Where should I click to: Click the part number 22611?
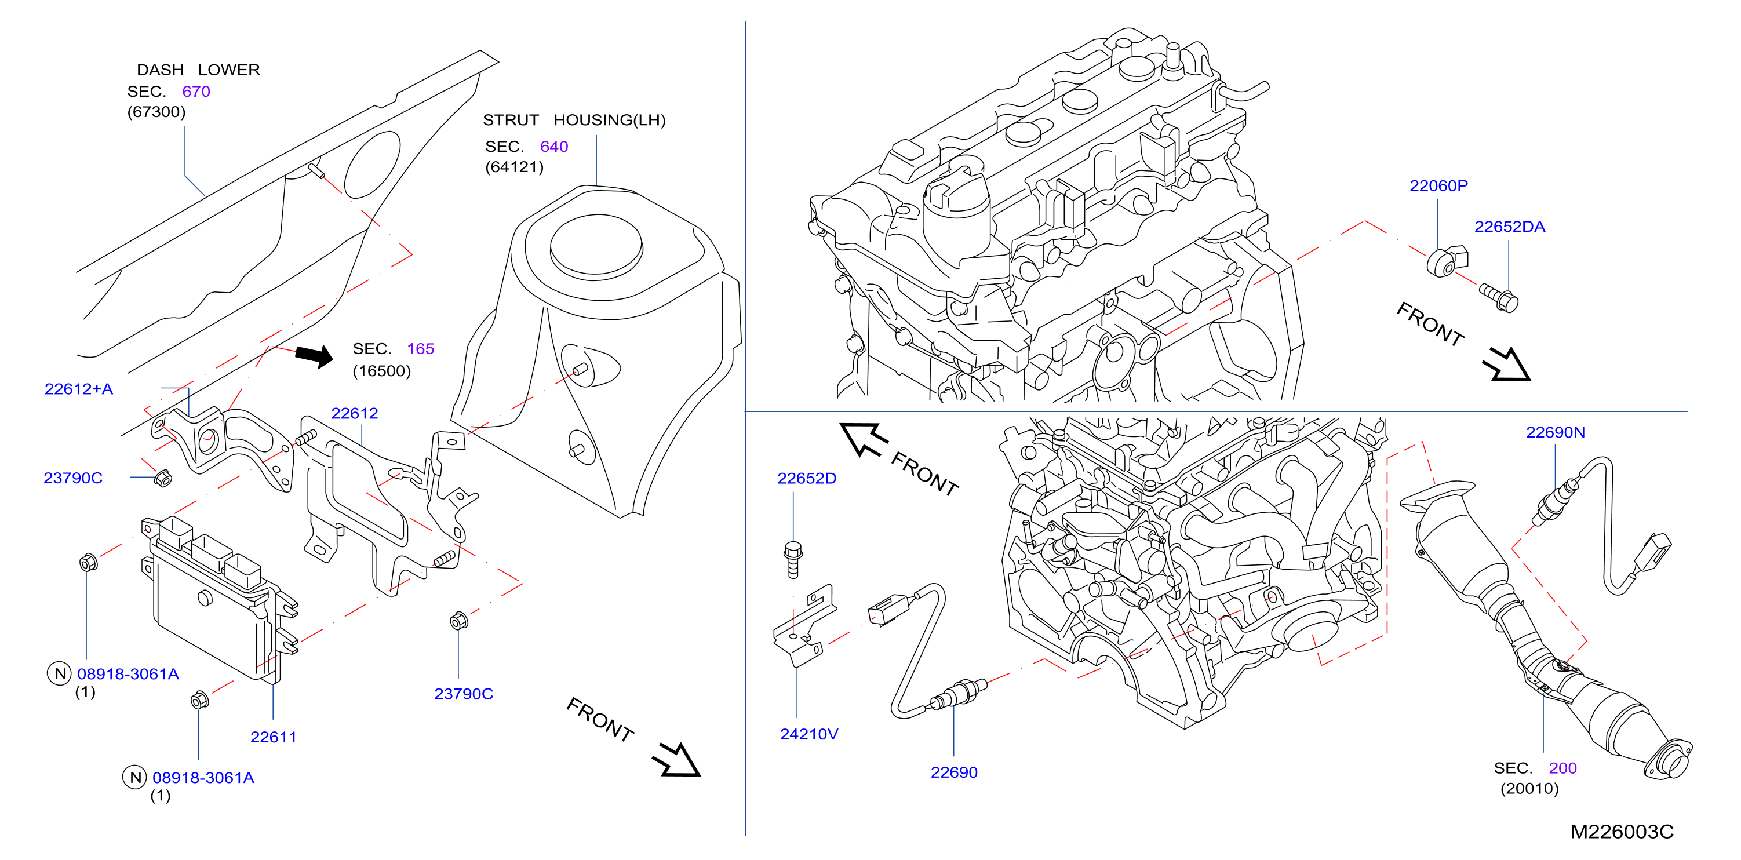tap(273, 737)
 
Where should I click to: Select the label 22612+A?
tap(78, 389)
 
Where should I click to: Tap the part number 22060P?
tap(1438, 186)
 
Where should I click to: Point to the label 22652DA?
tap(1509, 227)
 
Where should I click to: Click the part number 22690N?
tap(1555, 432)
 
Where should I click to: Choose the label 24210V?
tap(809, 734)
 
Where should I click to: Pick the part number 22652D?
tap(806, 478)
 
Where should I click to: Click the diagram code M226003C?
tap(1622, 832)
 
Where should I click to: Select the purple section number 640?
tap(554, 147)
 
